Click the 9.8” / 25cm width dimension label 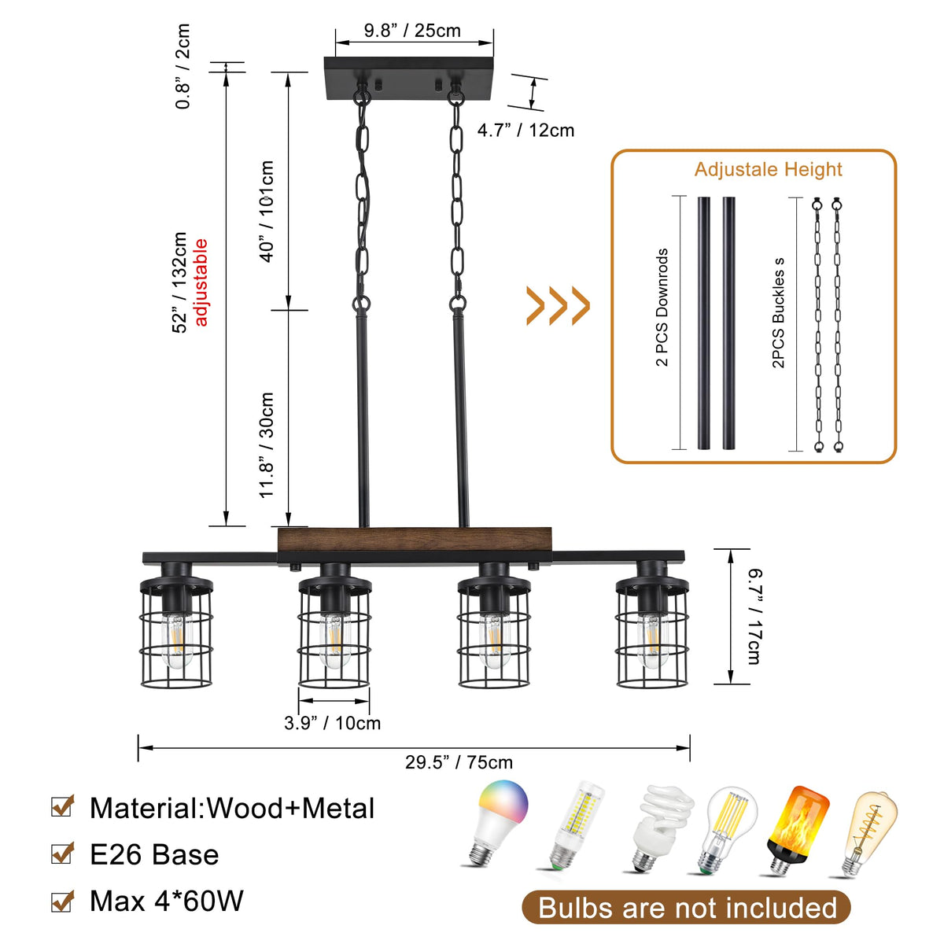coord(412,31)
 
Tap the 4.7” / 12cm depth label coord(525,130)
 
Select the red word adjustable coord(201,282)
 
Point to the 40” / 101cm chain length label coord(267,211)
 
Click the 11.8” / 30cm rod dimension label coord(267,444)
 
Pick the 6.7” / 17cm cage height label coord(753,617)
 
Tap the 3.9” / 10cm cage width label coord(332,723)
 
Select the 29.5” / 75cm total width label coord(459,762)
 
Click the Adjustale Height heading coord(768,169)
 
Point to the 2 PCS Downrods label coord(662,308)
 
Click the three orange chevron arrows coord(558,305)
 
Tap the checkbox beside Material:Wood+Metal coord(62,807)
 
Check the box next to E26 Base coord(62,854)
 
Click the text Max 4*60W coord(167,901)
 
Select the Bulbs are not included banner coord(687,908)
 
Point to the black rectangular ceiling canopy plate coord(410,77)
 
